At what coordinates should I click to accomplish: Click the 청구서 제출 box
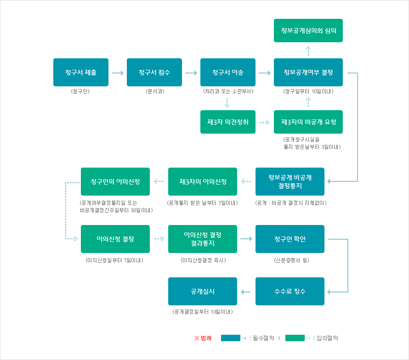(81, 72)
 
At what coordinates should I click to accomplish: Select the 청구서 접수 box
(154, 72)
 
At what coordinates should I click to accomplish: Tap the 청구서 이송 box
(228, 72)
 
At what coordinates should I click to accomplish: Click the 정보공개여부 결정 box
(308, 72)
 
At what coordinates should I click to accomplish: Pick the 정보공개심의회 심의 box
(308, 30)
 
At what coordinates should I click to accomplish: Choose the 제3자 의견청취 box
(228, 122)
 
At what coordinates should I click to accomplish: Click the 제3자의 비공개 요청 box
(308, 122)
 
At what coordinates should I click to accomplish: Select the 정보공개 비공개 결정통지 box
(290, 181)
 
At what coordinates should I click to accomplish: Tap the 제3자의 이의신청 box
(203, 181)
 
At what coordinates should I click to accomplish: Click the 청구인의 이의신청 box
(115, 181)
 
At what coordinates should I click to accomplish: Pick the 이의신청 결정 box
(115, 239)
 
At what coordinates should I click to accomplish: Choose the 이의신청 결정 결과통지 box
(203, 239)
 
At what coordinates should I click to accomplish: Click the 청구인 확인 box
(290, 239)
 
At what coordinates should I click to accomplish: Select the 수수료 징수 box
(290, 292)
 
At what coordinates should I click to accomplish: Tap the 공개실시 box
(203, 292)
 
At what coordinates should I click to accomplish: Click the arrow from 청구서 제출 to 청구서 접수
(118, 73)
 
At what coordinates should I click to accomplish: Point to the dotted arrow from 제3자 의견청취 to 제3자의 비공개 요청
(264, 123)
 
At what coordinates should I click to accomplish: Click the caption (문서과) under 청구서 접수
(154, 91)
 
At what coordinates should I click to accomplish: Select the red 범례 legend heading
(203, 338)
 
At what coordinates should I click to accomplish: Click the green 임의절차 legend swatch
(295, 338)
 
